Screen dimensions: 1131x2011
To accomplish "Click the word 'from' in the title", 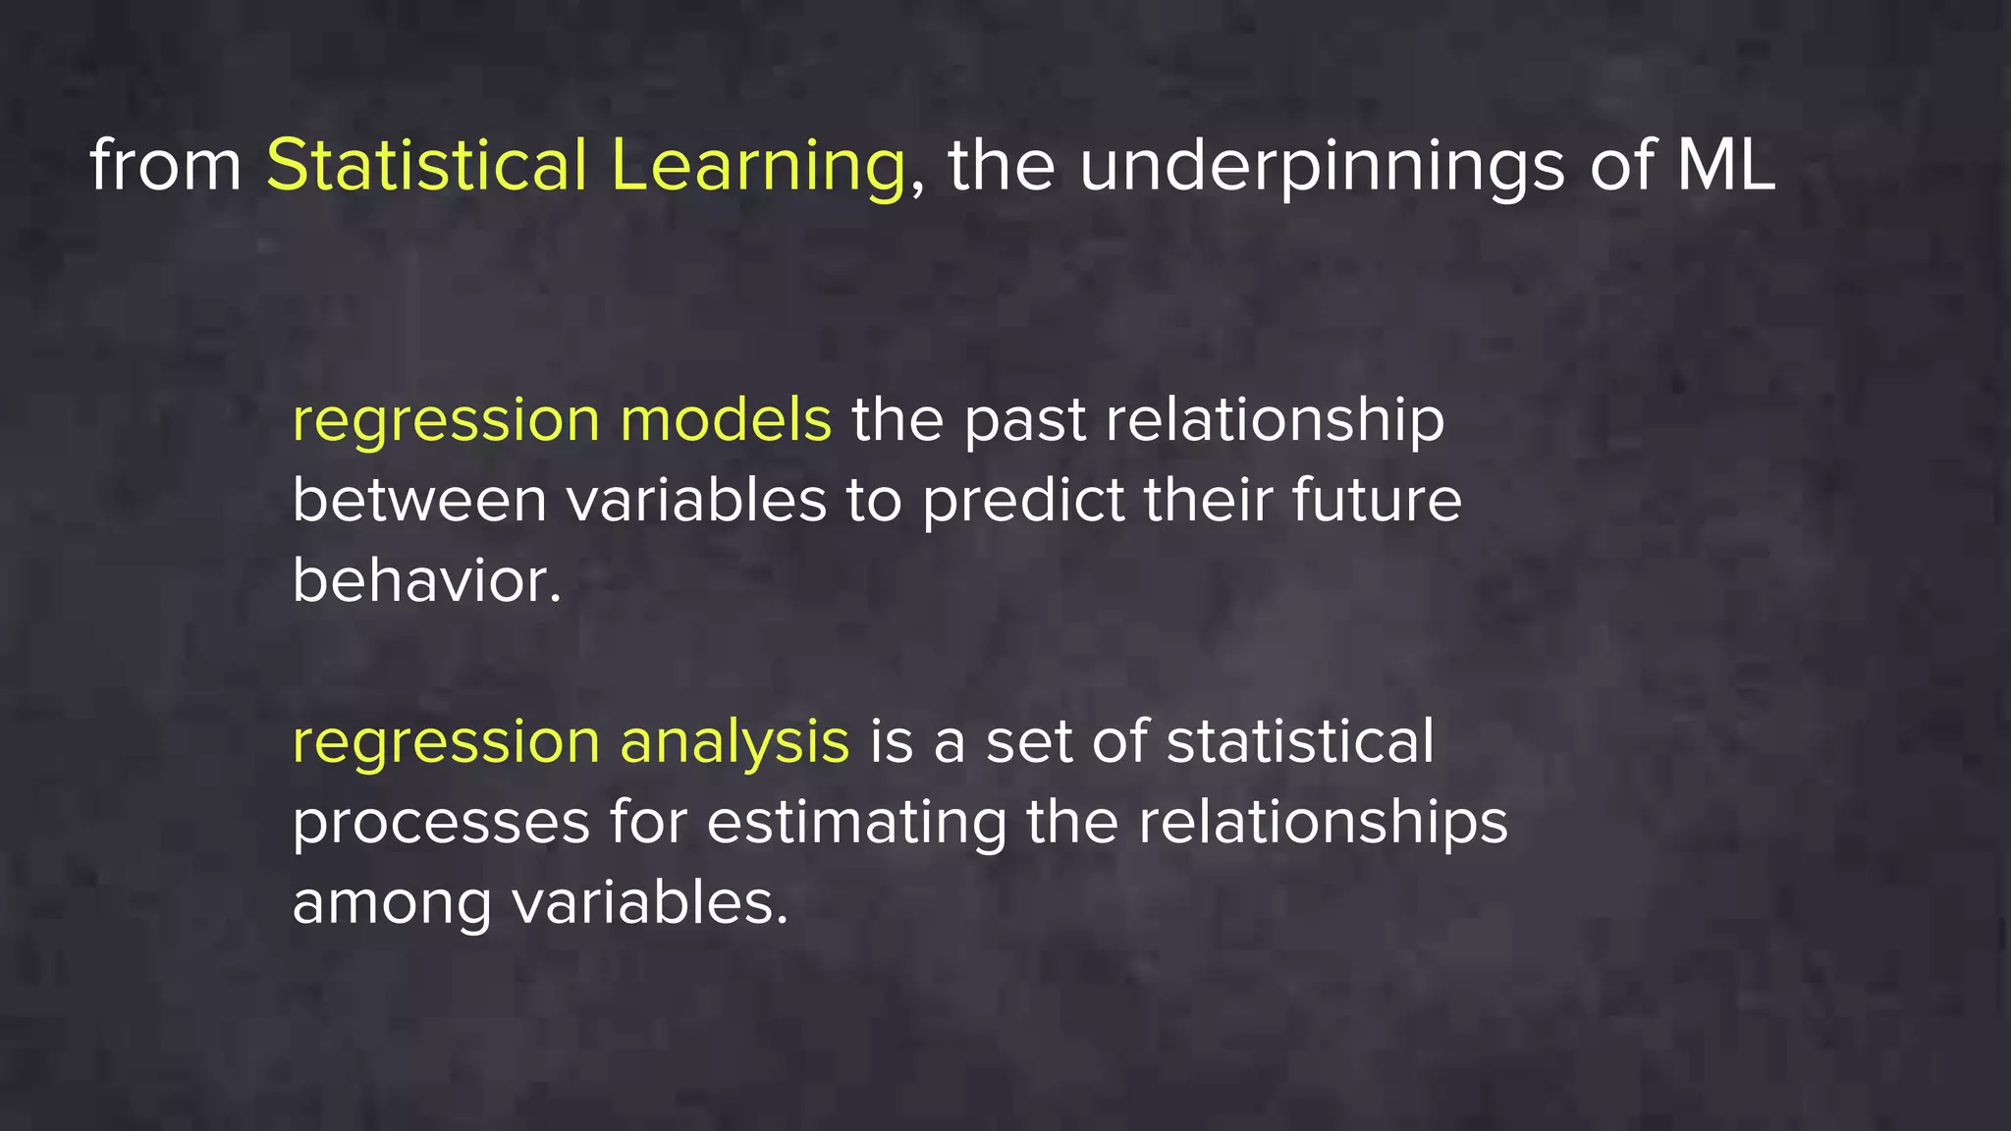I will coord(165,165).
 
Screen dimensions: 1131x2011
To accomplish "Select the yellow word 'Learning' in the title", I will coord(757,167).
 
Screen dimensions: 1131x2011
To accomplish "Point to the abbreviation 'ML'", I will coord(1725,165).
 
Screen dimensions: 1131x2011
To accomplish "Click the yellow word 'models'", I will coord(726,420).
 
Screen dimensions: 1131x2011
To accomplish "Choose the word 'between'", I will coord(419,501).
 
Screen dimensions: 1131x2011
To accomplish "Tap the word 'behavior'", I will coord(422,581).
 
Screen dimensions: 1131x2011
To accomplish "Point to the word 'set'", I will coord(1028,742).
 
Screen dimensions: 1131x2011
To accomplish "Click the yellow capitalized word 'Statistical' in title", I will coord(426,165).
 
